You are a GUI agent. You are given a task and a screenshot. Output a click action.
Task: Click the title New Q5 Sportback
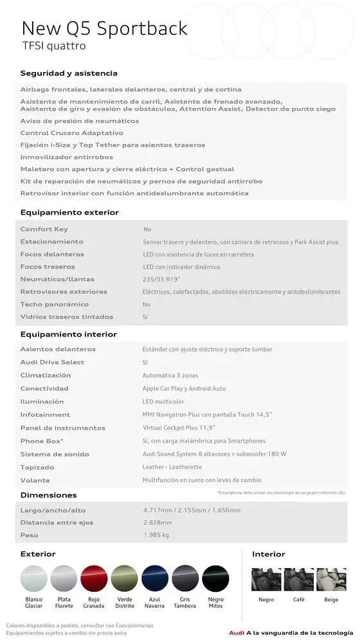pyautogui.click(x=105, y=28)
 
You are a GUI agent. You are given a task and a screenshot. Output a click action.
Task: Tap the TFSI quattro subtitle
pyautogui.click(x=54, y=46)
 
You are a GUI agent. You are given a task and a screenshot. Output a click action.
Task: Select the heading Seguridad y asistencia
pyautogui.click(x=69, y=73)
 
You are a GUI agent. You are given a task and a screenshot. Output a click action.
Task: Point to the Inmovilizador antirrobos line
pyautogui.click(x=67, y=157)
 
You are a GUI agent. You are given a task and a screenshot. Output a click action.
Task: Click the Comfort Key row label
pyautogui.click(x=44, y=229)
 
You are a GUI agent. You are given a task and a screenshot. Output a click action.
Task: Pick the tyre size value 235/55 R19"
pyautogui.click(x=161, y=279)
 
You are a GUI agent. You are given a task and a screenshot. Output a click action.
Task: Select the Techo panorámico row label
pyautogui.click(x=55, y=304)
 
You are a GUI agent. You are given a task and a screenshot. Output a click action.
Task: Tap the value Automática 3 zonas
pyautogui.click(x=170, y=375)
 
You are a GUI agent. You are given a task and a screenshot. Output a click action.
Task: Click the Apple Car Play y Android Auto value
pyautogui.click(x=184, y=388)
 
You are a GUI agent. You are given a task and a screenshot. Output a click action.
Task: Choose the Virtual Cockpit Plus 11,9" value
pyautogui.click(x=179, y=427)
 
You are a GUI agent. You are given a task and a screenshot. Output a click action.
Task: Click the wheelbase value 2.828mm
pyautogui.click(x=157, y=522)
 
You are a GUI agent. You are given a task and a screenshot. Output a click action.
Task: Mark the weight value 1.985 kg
pyautogui.click(x=156, y=535)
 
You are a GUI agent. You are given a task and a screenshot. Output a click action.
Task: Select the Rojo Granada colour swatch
pyautogui.click(x=94, y=578)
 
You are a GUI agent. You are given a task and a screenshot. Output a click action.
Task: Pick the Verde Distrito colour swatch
pyautogui.click(x=125, y=578)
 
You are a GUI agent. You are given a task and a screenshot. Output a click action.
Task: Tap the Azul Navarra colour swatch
pyautogui.click(x=155, y=578)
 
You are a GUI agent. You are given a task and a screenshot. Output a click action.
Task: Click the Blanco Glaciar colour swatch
pyautogui.click(x=34, y=578)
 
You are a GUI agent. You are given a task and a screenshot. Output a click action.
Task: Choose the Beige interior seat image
pyautogui.click(x=330, y=579)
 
